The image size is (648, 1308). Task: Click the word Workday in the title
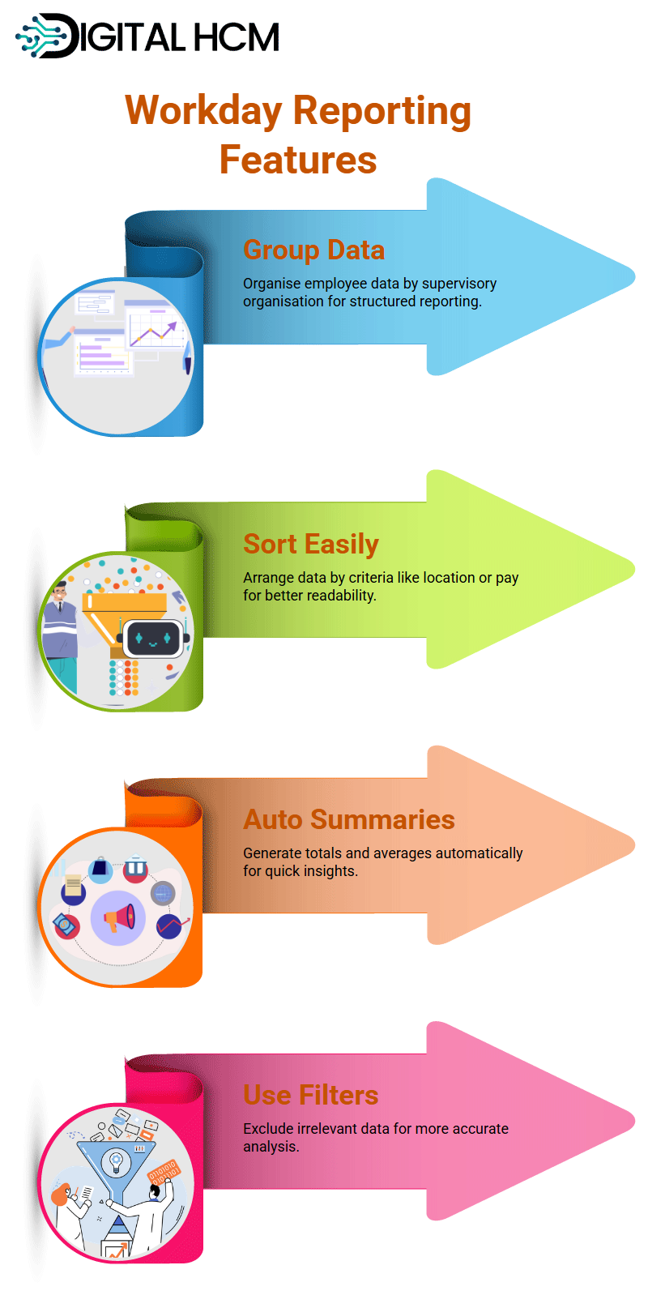(x=204, y=110)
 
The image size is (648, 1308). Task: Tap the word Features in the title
(x=298, y=160)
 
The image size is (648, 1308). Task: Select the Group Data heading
(x=314, y=250)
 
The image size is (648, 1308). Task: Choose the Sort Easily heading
(x=311, y=545)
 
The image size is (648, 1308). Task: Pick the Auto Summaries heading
(x=349, y=819)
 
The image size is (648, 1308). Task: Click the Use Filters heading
(x=311, y=1095)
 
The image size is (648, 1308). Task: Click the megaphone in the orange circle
(x=119, y=918)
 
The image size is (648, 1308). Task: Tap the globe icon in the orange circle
(x=163, y=893)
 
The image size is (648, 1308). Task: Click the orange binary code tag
(x=164, y=1172)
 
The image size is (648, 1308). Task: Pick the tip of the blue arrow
(x=634, y=276)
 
